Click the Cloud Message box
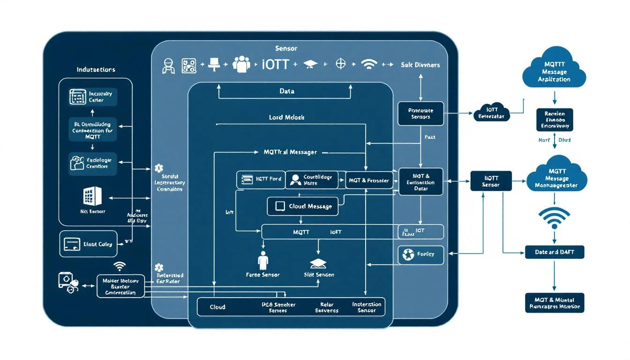(x=302, y=206)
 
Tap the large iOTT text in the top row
(x=276, y=65)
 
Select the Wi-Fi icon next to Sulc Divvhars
(x=369, y=65)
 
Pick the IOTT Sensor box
(x=491, y=181)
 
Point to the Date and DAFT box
(x=554, y=252)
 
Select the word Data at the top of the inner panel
(x=286, y=91)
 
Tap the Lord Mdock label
(x=286, y=117)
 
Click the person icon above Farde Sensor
(x=263, y=260)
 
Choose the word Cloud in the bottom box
(x=217, y=307)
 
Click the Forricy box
(x=420, y=255)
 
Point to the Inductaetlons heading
(x=96, y=69)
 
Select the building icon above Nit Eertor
(x=92, y=195)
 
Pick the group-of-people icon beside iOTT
(x=241, y=65)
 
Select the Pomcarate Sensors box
(x=420, y=114)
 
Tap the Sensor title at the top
(x=286, y=48)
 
